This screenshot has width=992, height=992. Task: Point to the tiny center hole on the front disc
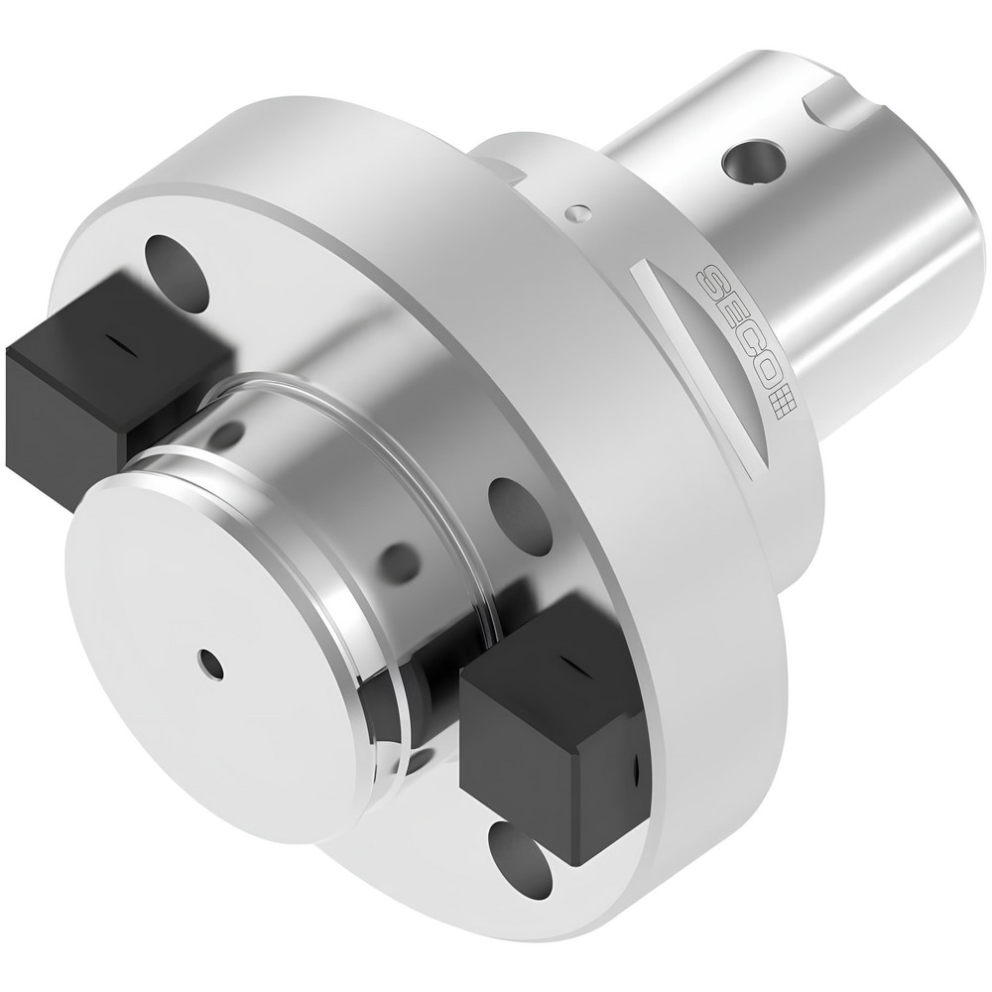click(x=208, y=663)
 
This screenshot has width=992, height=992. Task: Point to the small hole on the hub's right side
click(x=400, y=562)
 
